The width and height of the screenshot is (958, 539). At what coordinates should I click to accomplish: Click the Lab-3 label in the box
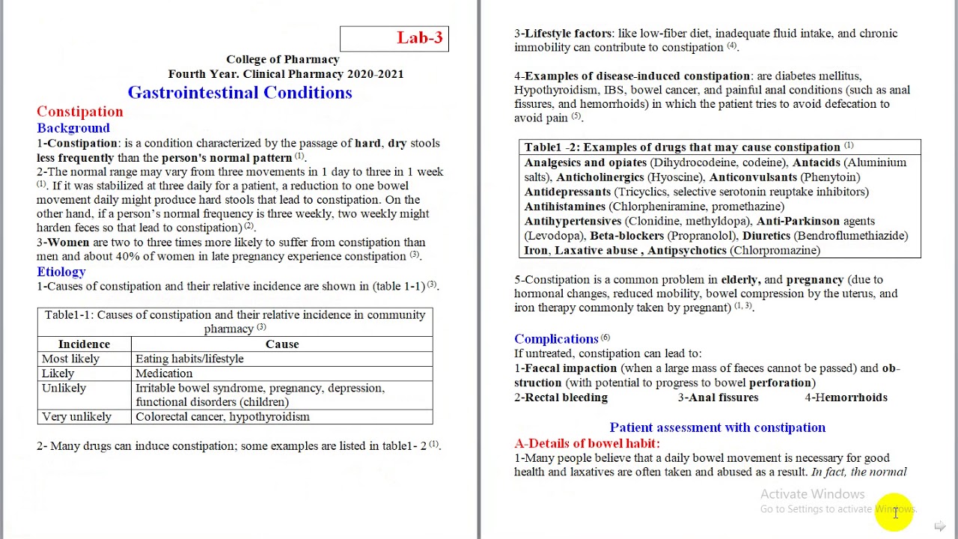[419, 38]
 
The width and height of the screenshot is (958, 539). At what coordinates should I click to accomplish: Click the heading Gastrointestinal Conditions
[239, 93]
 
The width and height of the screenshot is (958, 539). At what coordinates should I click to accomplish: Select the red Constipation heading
[80, 112]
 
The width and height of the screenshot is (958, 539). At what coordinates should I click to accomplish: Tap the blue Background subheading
[73, 128]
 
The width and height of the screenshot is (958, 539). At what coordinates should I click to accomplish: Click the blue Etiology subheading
[61, 272]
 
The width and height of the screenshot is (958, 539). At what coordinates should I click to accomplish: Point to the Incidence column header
[84, 344]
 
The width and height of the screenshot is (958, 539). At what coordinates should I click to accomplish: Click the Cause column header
[282, 344]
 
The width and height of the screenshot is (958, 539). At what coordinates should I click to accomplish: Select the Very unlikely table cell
[76, 417]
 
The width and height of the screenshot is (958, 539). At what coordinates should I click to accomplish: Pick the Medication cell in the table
[164, 374]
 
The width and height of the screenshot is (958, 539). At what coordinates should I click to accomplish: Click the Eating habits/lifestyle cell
[189, 359]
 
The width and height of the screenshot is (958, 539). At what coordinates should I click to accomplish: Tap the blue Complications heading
[556, 339]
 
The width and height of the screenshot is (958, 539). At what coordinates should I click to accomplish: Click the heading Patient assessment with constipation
[717, 427]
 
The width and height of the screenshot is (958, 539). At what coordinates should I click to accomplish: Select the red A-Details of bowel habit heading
[587, 443]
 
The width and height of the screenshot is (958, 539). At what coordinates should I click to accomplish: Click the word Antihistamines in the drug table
[565, 207]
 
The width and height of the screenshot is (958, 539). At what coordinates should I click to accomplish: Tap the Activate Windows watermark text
[812, 494]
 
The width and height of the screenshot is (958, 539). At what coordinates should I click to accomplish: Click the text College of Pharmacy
[283, 60]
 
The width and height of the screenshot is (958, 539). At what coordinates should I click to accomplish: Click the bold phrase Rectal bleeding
[566, 398]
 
